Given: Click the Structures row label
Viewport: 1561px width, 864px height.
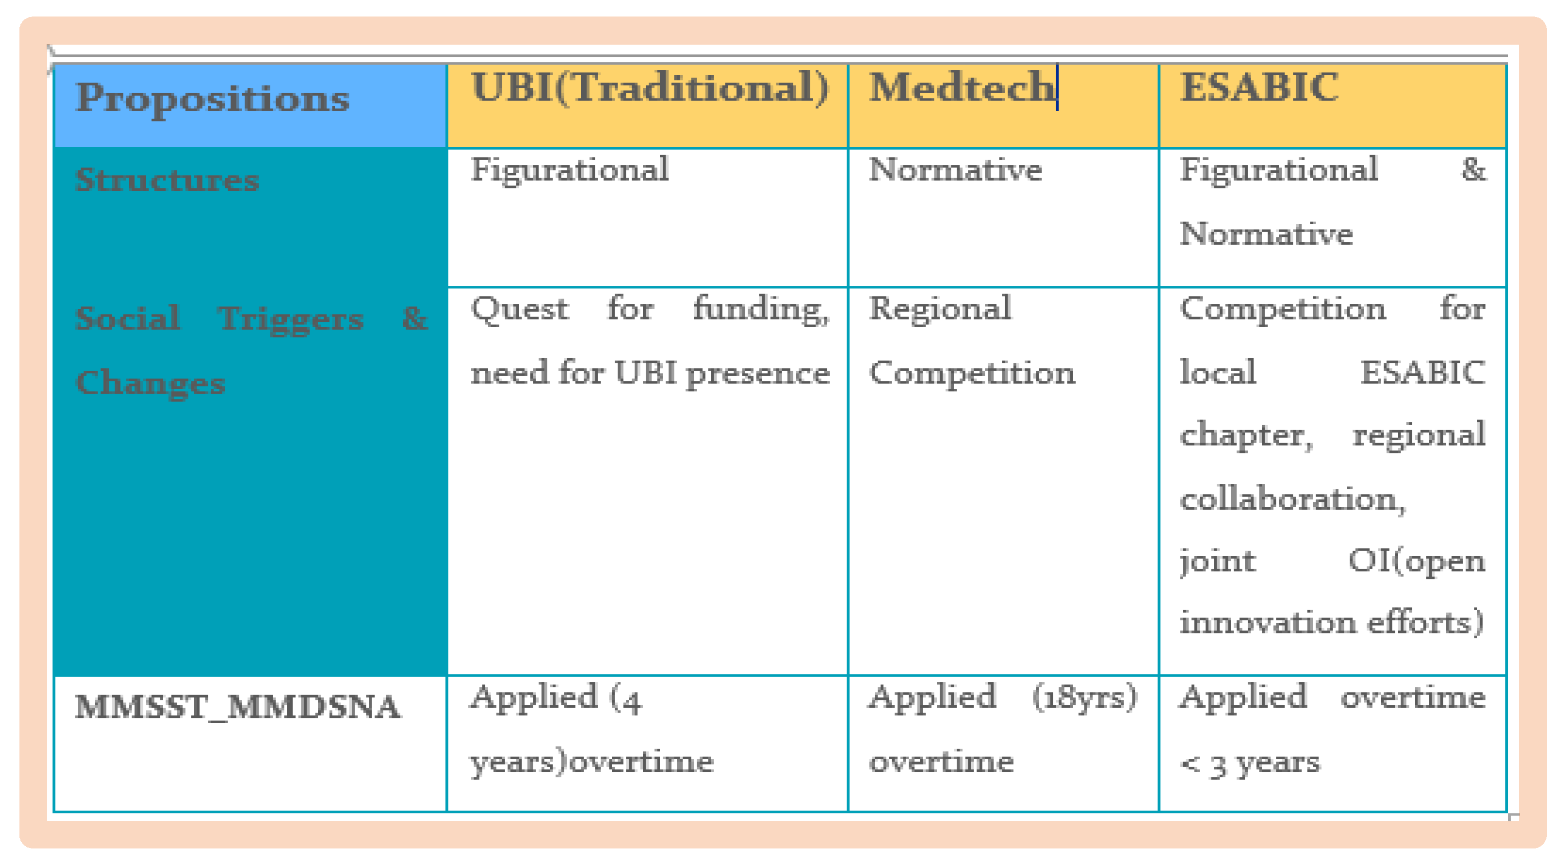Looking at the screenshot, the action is pos(167,180).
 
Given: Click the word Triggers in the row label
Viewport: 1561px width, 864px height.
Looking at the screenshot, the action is pos(291,319).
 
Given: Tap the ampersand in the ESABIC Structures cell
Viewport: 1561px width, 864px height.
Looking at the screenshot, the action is pos(1473,169).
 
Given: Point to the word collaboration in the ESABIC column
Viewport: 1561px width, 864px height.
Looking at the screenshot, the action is pos(1292,499).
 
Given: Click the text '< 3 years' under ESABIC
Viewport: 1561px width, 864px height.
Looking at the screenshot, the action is pos(1250,764).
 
